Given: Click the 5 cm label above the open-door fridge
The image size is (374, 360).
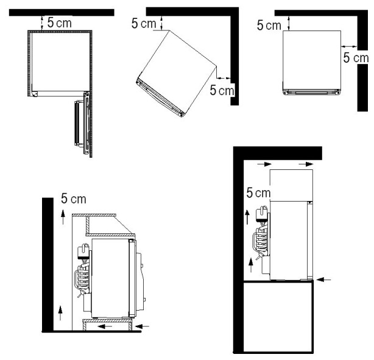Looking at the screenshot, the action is [60, 23].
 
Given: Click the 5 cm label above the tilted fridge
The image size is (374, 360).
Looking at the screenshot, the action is [144, 23].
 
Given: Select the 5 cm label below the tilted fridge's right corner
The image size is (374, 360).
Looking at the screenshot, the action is [222, 90].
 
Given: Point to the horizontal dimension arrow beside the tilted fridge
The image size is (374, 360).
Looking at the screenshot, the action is [224, 78].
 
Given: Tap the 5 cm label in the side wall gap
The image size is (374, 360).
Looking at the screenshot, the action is [356, 57].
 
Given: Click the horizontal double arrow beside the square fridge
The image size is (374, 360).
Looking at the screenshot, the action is [349, 46].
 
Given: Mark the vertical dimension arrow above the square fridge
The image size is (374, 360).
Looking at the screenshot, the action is [289, 23].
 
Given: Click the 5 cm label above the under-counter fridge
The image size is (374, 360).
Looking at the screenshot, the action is [74, 199].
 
